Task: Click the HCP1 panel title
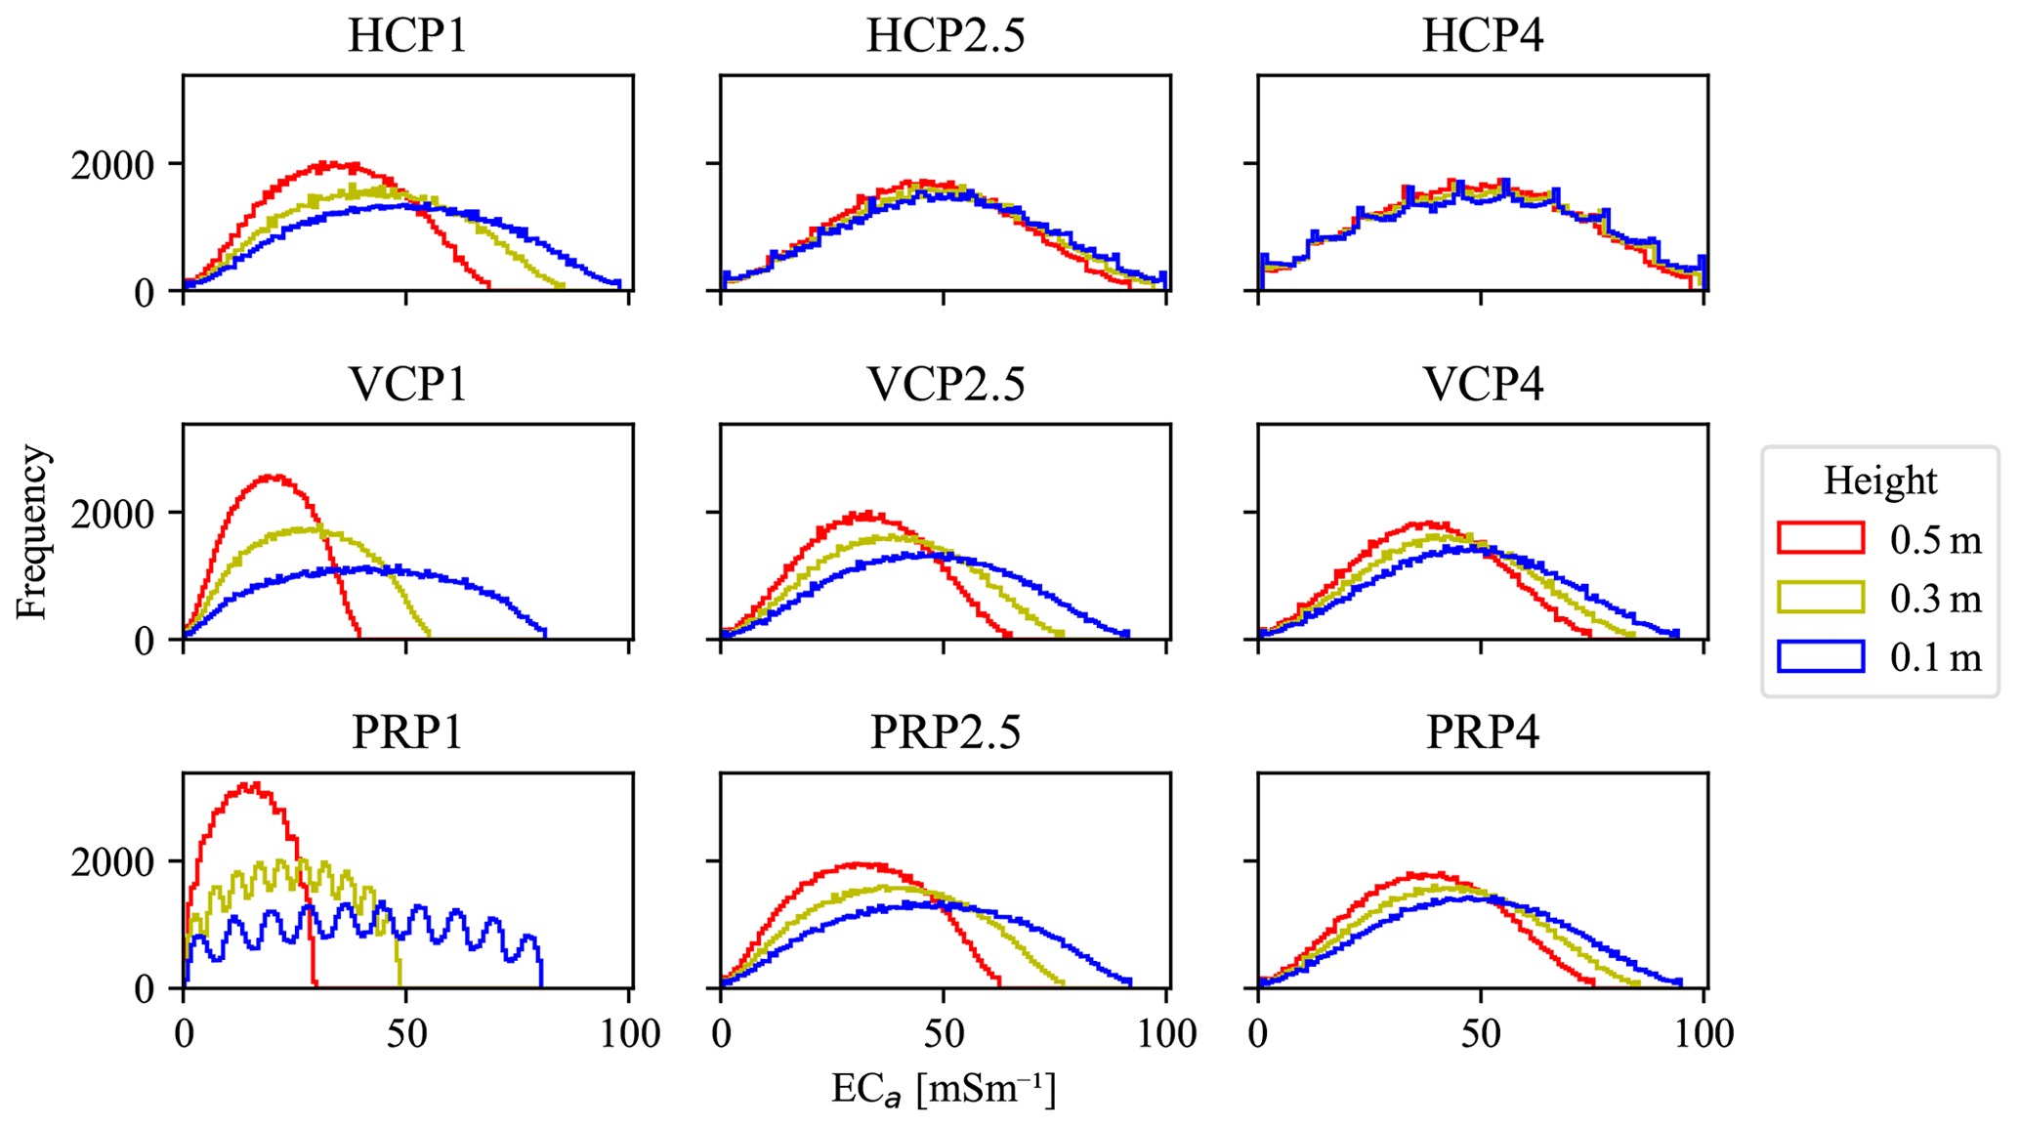407,36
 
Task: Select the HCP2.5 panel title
945,36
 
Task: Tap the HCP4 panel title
1482,36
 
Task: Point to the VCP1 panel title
407,385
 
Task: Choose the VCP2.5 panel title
945,385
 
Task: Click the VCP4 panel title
1482,385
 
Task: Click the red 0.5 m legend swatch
1821,538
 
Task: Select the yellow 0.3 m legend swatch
1821,598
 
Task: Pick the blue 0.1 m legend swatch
1821,657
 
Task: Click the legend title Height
1879,481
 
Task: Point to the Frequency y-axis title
32,532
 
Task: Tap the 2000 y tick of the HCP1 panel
111,165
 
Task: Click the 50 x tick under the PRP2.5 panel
944,1033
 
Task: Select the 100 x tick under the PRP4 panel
1704,1033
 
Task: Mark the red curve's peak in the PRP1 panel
252,785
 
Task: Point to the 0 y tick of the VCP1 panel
144,642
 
